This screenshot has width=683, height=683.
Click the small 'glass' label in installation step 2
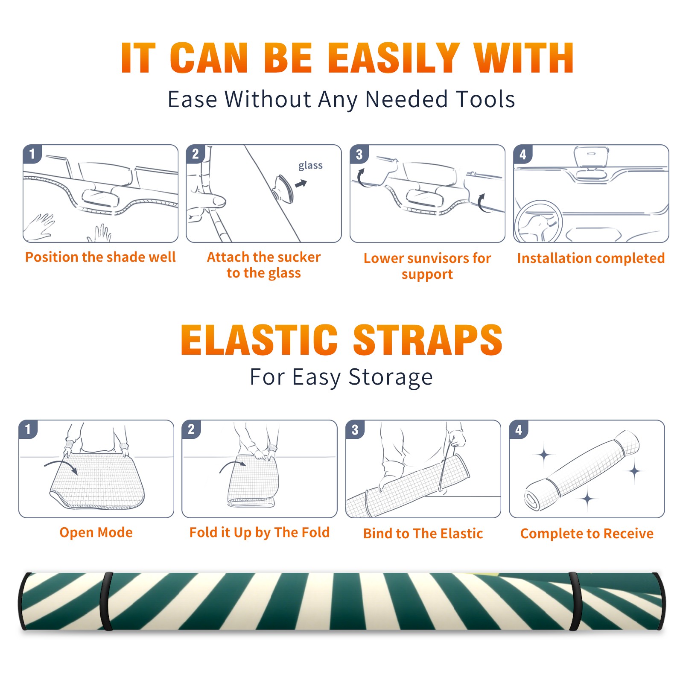pos(310,166)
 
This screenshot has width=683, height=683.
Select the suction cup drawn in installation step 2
pos(283,188)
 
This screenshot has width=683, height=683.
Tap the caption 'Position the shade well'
pos(100,257)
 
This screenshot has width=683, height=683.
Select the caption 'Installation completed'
pos(591,258)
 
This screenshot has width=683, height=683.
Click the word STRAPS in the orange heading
pos(428,340)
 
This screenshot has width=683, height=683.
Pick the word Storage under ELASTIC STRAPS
pos(391,378)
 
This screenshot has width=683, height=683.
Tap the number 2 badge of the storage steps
pos(191,429)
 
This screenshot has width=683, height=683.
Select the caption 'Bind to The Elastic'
pos(423,534)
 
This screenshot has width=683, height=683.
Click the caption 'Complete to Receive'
pos(587,534)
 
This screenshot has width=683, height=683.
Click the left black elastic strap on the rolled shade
pos(106,601)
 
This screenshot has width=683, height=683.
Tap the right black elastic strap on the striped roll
pos(575,601)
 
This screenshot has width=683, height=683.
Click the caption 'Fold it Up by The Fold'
pos(260,533)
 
